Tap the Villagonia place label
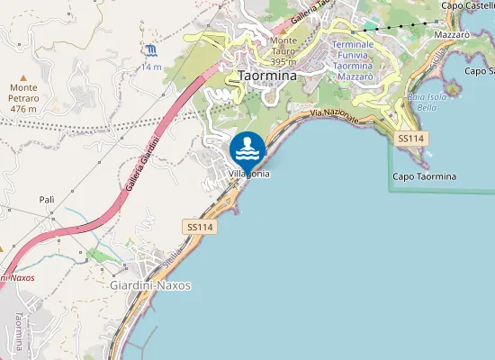point(249,174)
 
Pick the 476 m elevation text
point(24,109)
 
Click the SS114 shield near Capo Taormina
point(409,138)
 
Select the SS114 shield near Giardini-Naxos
point(200,228)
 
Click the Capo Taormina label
point(425,176)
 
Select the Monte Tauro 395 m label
point(284,44)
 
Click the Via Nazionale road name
point(335,117)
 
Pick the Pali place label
point(47,199)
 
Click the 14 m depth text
point(150,67)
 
